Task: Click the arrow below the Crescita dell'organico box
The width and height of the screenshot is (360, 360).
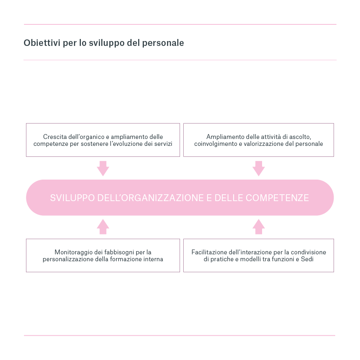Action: click(103, 168)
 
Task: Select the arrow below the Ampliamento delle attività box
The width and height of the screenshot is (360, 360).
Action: click(258, 168)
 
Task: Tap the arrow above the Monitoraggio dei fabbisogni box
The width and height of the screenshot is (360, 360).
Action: click(103, 227)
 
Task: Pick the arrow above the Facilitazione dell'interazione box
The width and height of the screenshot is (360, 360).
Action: click(258, 227)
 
